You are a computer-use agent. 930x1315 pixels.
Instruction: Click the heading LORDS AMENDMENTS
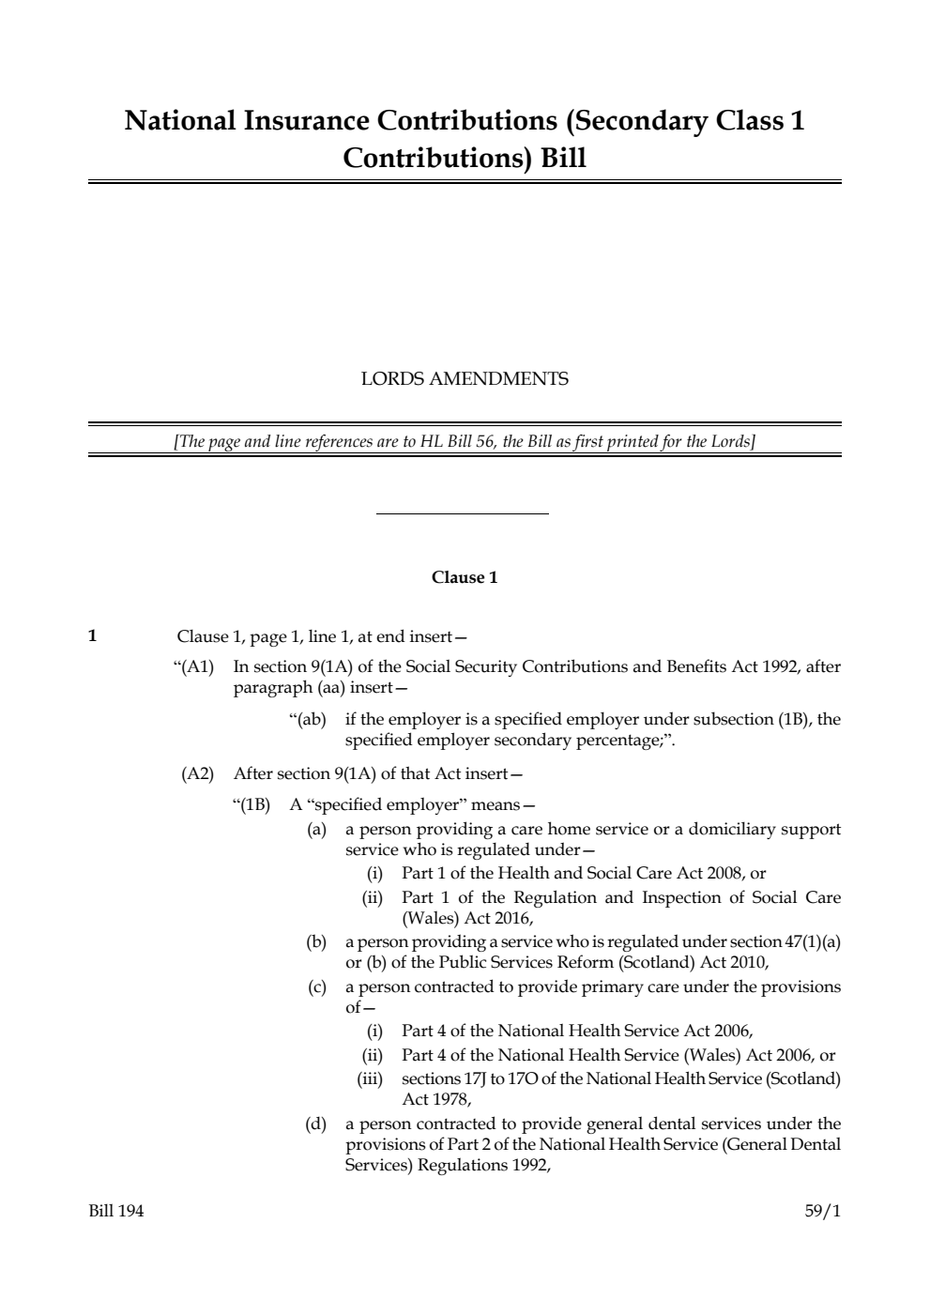pos(465,379)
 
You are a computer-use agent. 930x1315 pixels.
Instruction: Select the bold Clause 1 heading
pos(465,577)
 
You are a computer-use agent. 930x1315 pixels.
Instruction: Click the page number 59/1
pos(822,1211)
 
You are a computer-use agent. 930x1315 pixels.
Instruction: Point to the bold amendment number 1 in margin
pos(92,635)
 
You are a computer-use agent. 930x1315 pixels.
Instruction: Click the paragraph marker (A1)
pos(194,667)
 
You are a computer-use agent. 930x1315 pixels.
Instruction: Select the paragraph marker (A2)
pos(197,774)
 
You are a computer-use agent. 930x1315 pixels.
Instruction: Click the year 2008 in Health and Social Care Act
pos(724,873)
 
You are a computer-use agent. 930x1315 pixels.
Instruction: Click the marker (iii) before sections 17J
pos(372,1078)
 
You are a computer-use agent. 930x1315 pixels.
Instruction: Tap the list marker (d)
pos(315,1124)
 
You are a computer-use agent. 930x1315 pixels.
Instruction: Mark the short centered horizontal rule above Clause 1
pos(462,513)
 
